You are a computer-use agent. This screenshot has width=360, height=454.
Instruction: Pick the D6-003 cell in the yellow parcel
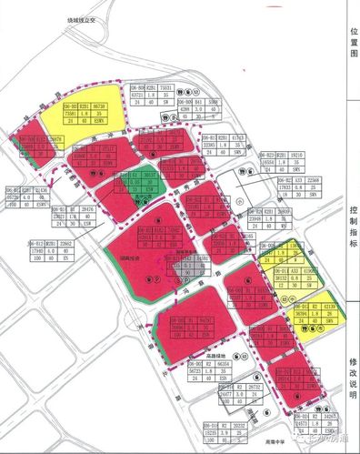[x=70, y=107]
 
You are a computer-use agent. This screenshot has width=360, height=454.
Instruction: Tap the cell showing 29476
[x=88, y=209]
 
